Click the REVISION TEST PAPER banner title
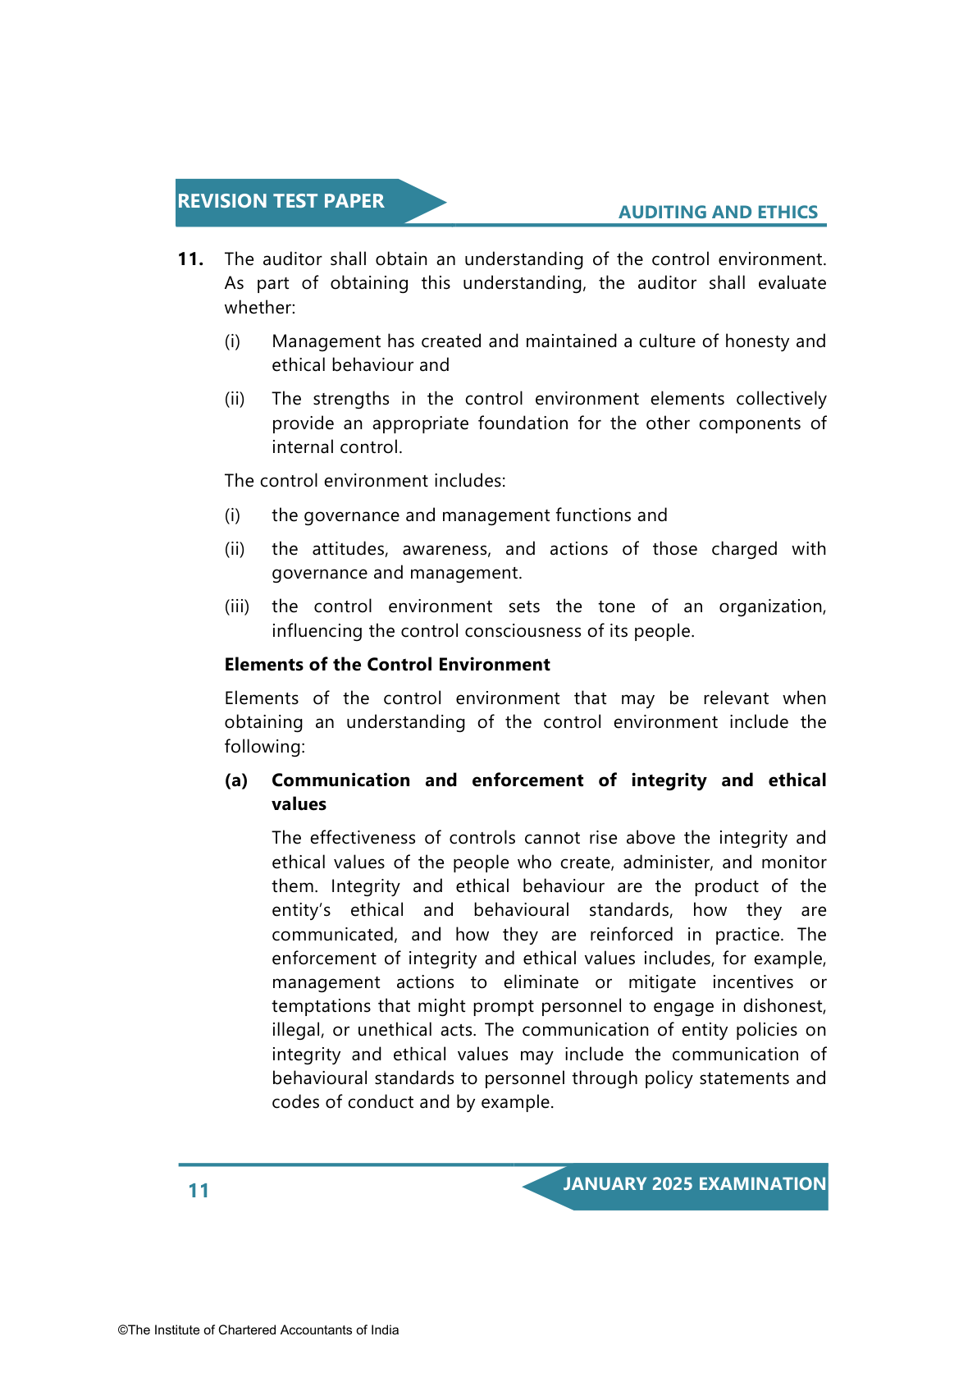tap(281, 201)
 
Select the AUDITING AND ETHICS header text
tap(718, 212)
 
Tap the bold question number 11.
tap(190, 259)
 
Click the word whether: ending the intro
tap(259, 308)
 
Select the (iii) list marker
tap(236, 606)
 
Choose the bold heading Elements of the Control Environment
tap(387, 665)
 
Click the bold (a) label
tap(236, 780)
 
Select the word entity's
tap(301, 910)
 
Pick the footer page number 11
tap(199, 1191)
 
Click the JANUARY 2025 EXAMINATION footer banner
tap(694, 1184)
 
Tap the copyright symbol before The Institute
tap(122, 1330)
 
